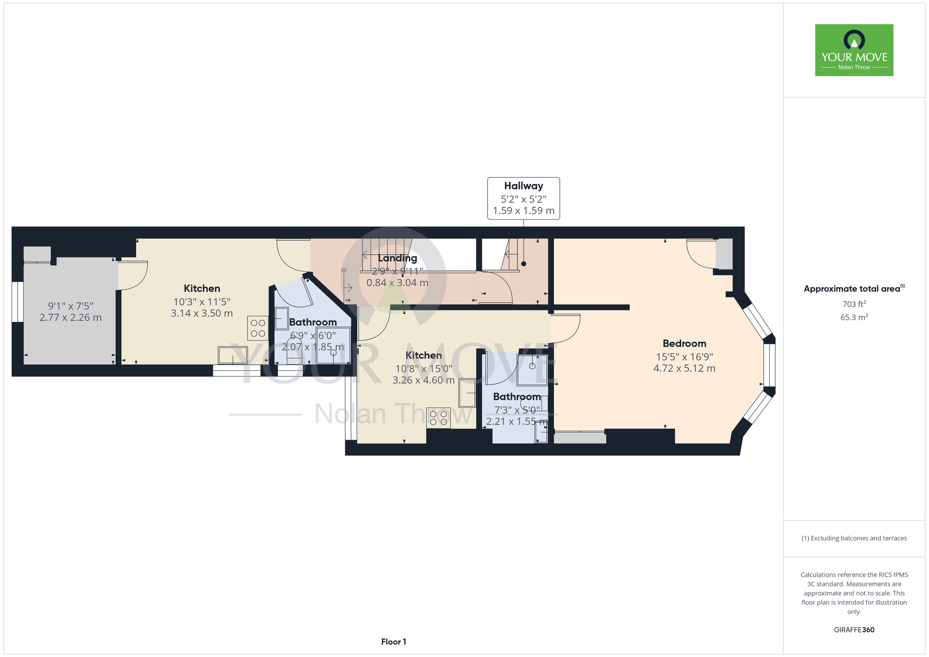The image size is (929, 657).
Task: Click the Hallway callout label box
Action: click(523, 198)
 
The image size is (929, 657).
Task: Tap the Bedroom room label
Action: click(684, 343)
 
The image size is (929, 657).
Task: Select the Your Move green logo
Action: click(854, 50)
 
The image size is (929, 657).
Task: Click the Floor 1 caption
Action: click(393, 642)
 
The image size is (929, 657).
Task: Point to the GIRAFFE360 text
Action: click(854, 630)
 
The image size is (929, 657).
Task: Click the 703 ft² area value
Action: click(854, 304)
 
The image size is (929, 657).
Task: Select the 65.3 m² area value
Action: click(854, 317)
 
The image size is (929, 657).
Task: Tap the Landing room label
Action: click(398, 258)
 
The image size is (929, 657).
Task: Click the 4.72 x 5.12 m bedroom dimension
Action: click(684, 368)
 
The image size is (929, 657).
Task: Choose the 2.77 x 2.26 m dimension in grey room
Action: click(71, 318)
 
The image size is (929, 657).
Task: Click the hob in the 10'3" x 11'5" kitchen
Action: click(258, 328)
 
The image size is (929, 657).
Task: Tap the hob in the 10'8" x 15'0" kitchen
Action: click(438, 418)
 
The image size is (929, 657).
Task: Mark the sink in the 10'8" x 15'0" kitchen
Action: click(467, 393)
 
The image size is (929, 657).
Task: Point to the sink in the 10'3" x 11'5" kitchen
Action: click(233, 355)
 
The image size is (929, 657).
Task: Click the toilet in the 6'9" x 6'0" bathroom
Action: click(294, 350)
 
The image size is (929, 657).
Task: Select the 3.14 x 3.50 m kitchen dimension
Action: click(202, 314)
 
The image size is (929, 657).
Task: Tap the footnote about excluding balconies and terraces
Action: click(854, 538)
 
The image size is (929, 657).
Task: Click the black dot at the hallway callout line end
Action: click(523, 264)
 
